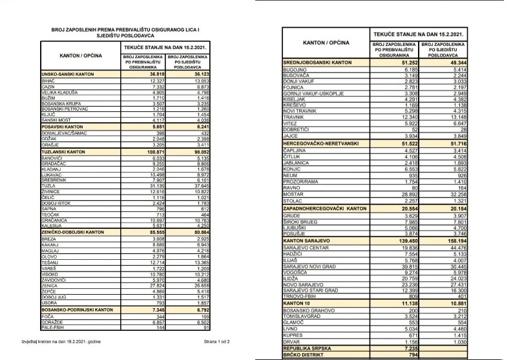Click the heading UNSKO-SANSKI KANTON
coord(68,75)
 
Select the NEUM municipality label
coord(290,175)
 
